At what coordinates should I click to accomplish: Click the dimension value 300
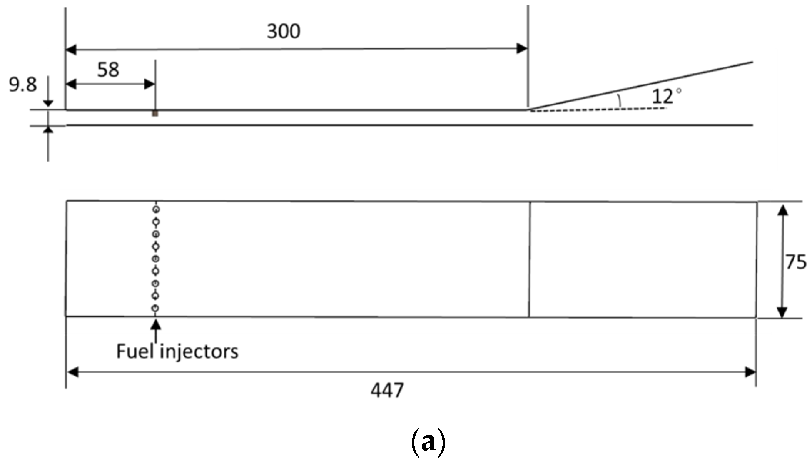point(284,31)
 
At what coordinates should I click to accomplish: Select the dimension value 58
point(108,70)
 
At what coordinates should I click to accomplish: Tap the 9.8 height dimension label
point(23,85)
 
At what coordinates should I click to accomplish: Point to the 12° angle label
point(666,96)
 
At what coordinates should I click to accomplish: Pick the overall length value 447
point(387,391)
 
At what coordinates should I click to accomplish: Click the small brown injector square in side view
point(155,114)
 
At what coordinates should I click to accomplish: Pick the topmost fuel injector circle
point(156,210)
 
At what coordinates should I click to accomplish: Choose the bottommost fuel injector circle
point(155,308)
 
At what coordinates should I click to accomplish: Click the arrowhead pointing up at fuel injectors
point(155,324)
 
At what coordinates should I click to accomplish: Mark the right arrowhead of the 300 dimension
point(522,48)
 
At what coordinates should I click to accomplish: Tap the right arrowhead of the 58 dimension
point(149,84)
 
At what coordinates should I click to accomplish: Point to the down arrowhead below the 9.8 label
point(48,102)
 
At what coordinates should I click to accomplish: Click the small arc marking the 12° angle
point(619,100)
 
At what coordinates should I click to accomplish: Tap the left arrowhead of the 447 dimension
point(73,372)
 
